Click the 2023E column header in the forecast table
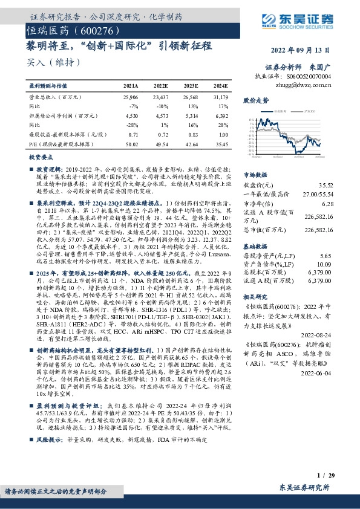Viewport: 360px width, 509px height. [191, 86]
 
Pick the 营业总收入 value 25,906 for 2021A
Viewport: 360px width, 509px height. [131, 96]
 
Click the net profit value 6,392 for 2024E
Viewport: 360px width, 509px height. [221, 115]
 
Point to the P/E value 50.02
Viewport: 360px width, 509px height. [131, 143]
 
